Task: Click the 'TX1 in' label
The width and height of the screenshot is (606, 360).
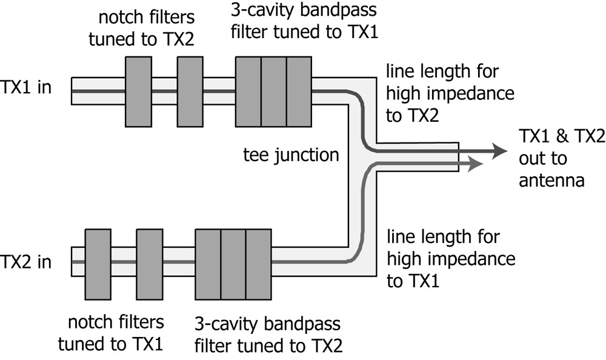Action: [27, 87]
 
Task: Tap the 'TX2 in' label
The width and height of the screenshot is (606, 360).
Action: [27, 262]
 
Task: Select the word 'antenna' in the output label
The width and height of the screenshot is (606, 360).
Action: [551, 180]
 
